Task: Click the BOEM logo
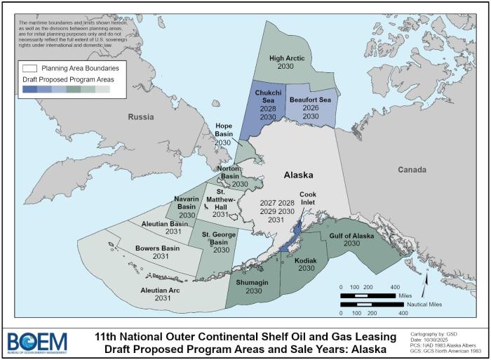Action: click(x=37, y=342)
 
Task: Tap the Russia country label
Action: click(x=140, y=117)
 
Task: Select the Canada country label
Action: click(x=412, y=170)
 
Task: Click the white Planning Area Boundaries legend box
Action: click(x=29, y=69)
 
